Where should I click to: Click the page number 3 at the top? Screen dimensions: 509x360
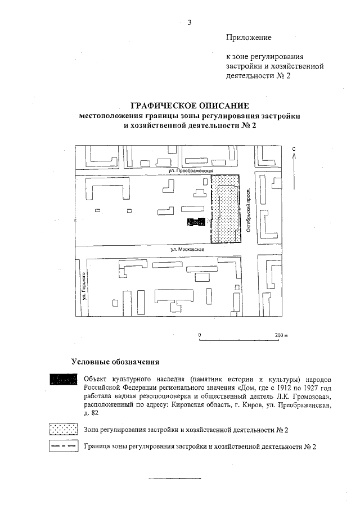(190, 22)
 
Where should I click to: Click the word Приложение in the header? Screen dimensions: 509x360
(249, 37)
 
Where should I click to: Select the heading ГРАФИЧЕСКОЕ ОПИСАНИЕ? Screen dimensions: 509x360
(189, 106)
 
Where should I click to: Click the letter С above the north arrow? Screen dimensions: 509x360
(294, 148)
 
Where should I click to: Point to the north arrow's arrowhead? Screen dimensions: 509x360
(294, 155)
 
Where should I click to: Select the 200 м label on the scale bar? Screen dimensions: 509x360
(280, 335)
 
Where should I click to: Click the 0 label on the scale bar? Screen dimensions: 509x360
(200, 335)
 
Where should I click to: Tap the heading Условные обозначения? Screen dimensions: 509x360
(116, 361)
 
